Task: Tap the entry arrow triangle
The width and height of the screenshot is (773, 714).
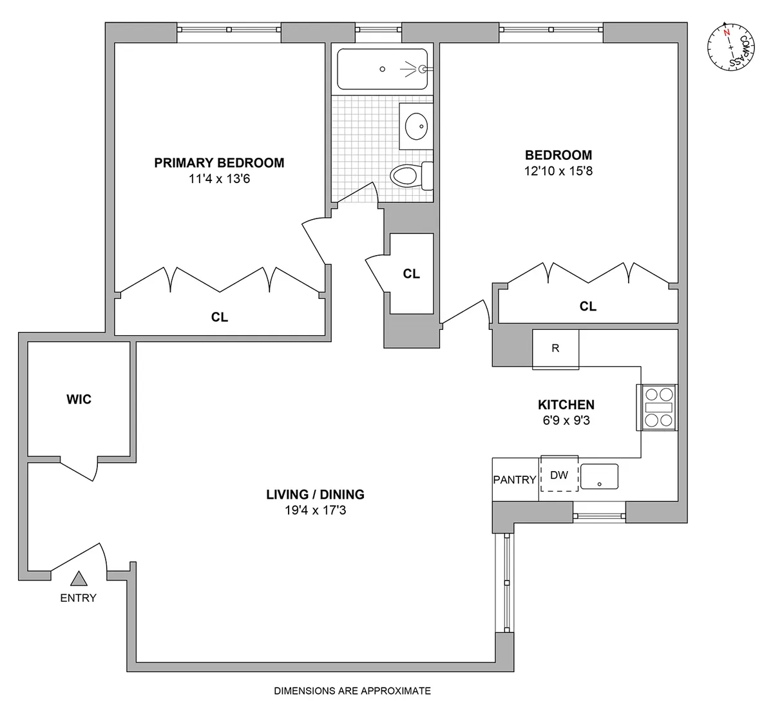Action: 79,579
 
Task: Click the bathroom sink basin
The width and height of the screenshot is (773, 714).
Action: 417,124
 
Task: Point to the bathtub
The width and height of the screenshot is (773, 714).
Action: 382,69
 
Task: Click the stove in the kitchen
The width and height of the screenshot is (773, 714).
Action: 657,407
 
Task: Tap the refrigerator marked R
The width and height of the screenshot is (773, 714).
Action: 555,349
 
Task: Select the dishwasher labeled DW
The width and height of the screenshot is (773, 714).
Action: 559,475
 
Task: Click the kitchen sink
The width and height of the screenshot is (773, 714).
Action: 599,476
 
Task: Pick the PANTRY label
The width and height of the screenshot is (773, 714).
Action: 515,479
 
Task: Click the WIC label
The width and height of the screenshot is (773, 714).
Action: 79,400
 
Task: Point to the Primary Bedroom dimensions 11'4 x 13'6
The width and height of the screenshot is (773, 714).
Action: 219,179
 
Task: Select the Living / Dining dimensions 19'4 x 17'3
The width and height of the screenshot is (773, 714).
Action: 316,511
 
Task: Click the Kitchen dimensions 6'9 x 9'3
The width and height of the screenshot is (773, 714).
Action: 566,421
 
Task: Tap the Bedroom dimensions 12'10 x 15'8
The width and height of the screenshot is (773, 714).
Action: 558,171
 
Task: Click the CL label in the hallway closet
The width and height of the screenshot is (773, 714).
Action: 411,274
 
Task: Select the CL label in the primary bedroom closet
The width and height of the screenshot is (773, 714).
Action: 220,317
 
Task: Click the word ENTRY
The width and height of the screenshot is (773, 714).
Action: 78,598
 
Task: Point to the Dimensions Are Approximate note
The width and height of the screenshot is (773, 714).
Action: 352,691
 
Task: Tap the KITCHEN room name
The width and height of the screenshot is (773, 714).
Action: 566,405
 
